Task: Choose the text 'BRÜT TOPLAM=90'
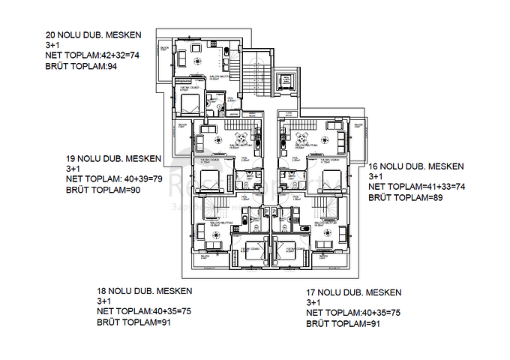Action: click(x=103, y=190)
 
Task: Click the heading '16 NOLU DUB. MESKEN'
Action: click(x=415, y=166)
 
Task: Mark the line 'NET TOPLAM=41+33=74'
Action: click(x=416, y=187)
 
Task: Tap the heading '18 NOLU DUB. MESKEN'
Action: click(x=145, y=290)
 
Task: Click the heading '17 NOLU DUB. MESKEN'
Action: click(x=354, y=292)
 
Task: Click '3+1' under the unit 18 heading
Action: click(x=104, y=301)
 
